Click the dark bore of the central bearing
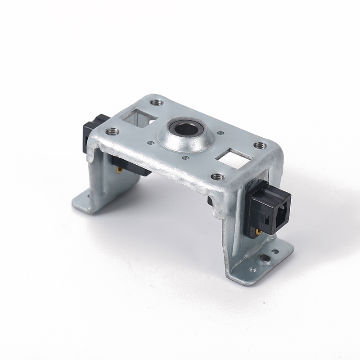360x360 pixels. coord(184,129)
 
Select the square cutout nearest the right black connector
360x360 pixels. coord(234,158)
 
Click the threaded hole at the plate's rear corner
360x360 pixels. coord(157,103)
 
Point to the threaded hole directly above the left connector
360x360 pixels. coord(112,132)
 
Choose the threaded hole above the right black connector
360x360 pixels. coord(260,145)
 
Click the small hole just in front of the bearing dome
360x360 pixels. coord(185,158)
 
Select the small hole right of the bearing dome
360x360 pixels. coord(220,133)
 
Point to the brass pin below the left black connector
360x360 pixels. coord(118,170)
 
